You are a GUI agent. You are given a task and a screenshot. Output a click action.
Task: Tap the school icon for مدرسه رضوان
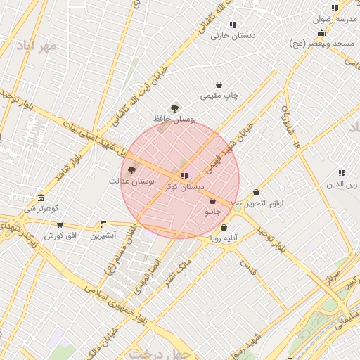coord(335,8)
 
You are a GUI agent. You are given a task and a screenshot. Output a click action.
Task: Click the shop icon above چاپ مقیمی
coord(219,85)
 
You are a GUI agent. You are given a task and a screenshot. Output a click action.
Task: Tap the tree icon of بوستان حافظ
coord(174,108)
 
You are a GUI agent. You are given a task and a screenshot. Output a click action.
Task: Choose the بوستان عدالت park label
coord(131,181)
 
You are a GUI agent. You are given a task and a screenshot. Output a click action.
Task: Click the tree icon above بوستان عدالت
coord(131,170)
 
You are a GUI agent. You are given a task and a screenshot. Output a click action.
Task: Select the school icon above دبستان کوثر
coord(184,176)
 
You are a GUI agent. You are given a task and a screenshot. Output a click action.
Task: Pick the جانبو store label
coord(212,211)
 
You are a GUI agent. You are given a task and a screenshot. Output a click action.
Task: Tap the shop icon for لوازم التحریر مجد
coord(256,193)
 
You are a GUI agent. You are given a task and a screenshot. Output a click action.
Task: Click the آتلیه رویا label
coord(224,238)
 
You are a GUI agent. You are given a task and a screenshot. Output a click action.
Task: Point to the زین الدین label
coord(341,184)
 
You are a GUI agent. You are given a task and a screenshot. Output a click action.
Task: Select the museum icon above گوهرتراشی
coord(41,198)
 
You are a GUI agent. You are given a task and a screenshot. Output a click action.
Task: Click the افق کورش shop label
coord(60,235)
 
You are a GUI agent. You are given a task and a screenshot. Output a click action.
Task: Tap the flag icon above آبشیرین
coord(103,225)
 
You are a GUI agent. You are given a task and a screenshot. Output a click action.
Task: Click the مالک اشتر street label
coord(176,273)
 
